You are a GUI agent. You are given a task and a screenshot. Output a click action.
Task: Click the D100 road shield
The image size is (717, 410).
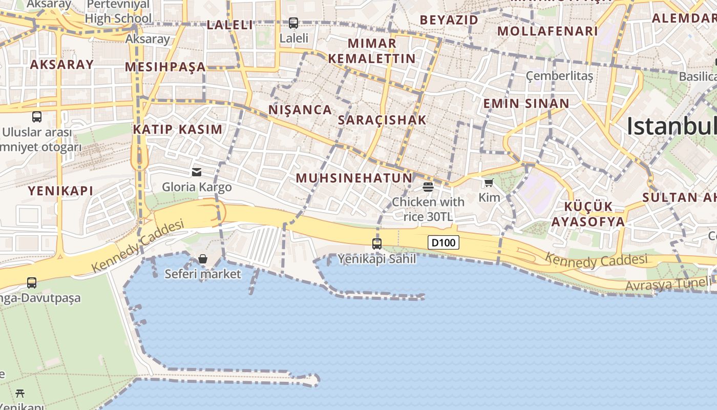(444, 242)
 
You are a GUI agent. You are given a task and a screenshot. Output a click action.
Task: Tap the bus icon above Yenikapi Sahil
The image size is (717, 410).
(377, 243)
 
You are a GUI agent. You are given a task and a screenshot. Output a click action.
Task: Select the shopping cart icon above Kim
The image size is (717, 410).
(489, 182)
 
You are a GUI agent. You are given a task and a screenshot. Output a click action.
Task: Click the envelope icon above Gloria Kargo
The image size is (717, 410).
(197, 172)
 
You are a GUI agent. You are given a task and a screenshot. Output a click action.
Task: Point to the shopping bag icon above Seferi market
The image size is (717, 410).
(203, 259)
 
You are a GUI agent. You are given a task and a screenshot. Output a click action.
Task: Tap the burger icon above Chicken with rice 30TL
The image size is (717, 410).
(428, 187)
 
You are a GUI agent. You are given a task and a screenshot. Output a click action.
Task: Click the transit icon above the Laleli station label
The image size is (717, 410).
(293, 23)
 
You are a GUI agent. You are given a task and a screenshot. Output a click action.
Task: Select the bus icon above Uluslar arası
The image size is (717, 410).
(37, 116)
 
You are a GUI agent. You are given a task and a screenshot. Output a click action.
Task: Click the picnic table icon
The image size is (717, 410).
(20, 393)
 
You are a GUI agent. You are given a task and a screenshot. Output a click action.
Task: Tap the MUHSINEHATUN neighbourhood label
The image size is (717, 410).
(354, 178)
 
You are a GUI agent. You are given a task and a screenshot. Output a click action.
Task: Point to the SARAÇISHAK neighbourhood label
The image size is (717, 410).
(382, 120)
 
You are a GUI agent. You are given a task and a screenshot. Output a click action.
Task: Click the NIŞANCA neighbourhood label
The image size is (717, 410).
(300, 110)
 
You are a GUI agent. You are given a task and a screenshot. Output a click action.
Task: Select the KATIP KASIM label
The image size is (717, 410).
(178, 129)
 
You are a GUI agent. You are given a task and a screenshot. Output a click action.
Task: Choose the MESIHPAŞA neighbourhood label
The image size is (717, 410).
(165, 67)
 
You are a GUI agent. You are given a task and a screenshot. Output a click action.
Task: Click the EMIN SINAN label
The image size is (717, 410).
(526, 104)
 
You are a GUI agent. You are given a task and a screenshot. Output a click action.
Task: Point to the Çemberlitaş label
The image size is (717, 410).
(559, 76)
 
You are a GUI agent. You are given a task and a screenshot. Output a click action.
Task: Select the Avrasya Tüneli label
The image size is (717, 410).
(668, 284)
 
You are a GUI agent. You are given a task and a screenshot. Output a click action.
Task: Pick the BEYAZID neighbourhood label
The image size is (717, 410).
(449, 20)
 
